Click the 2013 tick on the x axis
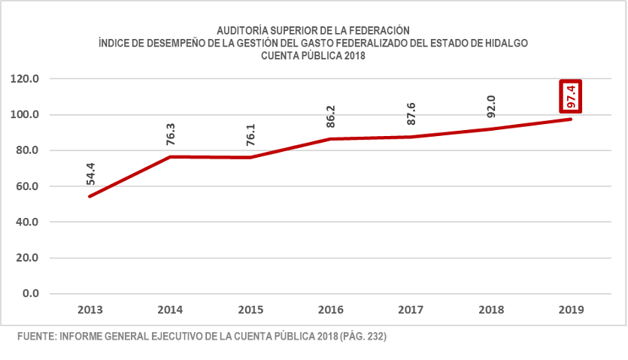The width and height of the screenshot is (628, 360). [90, 309]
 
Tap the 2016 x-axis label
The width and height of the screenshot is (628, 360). [331, 309]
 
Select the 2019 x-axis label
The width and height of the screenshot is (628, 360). [571, 309]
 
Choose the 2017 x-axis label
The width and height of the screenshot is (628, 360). [411, 309]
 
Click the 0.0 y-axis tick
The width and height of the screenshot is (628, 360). [31, 293]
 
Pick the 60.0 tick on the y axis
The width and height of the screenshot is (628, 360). [28, 186]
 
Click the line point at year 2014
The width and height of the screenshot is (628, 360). [171, 156]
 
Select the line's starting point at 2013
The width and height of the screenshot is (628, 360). [90, 196]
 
